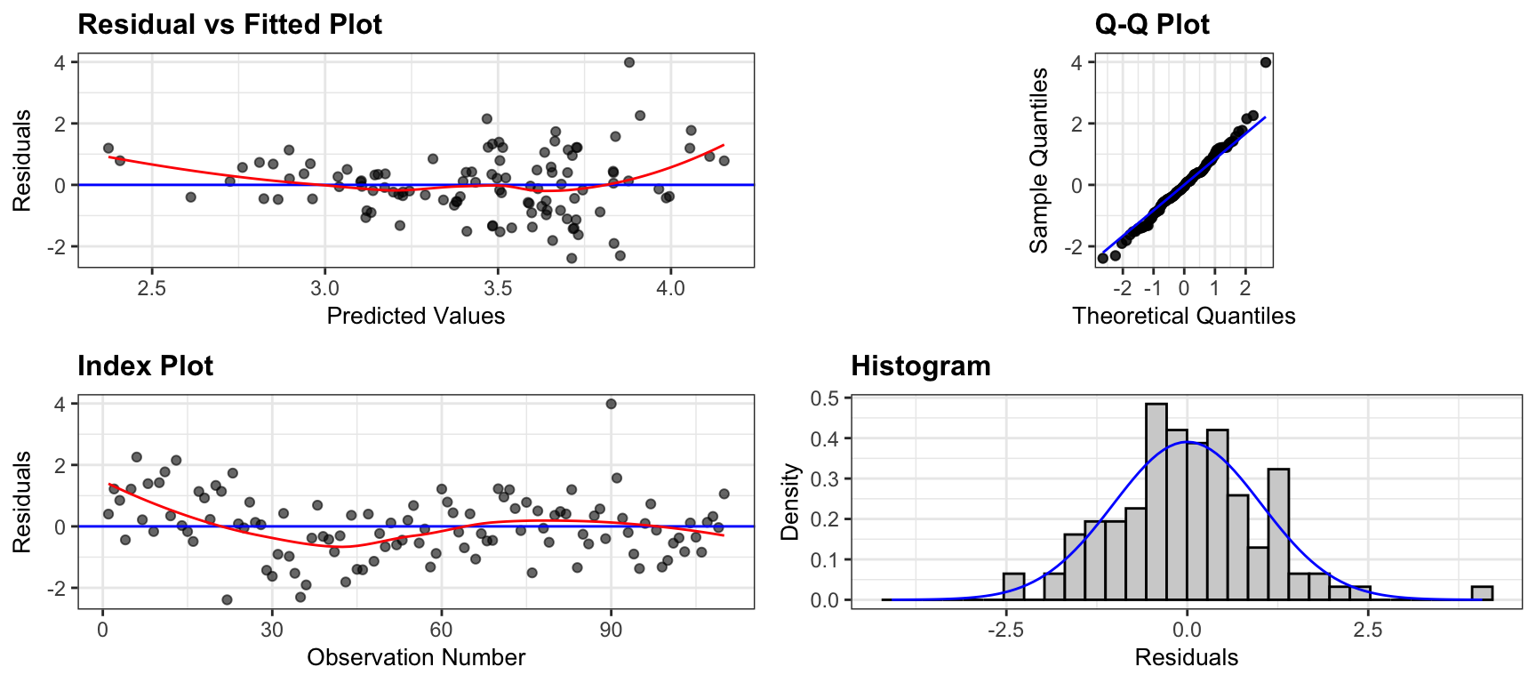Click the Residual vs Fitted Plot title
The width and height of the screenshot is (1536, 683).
pos(229,24)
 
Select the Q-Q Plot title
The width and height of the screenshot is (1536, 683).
pos(1152,24)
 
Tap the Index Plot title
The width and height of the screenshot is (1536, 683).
pos(145,366)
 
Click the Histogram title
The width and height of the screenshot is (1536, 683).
pos(921,366)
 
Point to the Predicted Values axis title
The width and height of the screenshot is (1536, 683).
pos(416,316)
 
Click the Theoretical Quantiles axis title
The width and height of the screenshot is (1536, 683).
pos(1184,316)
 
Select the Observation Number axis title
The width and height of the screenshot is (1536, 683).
pos(416,657)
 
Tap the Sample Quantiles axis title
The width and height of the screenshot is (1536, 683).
pos(1038,160)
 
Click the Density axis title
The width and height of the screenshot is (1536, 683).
pos(789,502)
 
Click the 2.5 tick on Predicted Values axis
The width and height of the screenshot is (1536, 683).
pos(152,288)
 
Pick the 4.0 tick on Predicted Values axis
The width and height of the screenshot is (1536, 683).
pos(670,288)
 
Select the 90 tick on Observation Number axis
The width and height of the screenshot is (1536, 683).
pos(611,630)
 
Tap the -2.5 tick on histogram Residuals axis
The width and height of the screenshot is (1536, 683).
pos(1005,630)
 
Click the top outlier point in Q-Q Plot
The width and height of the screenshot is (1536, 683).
pos(1266,62)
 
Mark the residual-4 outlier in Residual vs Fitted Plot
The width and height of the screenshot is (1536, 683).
pos(629,62)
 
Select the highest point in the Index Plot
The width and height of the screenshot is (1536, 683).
pos(611,404)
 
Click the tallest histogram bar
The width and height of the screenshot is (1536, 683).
pos(1156,502)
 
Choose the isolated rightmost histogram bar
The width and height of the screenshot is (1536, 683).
pos(1482,593)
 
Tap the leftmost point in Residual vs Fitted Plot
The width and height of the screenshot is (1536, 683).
pos(108,149)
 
